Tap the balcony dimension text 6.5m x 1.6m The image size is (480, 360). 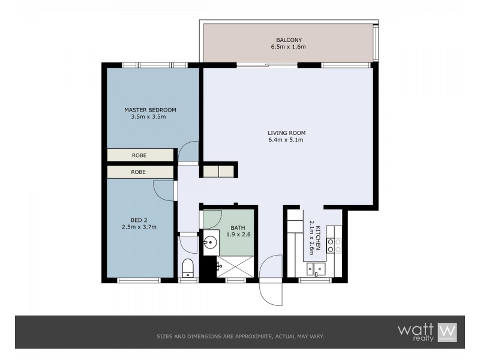[x=288, y=46]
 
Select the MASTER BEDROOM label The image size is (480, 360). [x=150, y=110]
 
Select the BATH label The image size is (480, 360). [x=238, y=227]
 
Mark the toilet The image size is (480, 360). [x=187, y=266]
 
